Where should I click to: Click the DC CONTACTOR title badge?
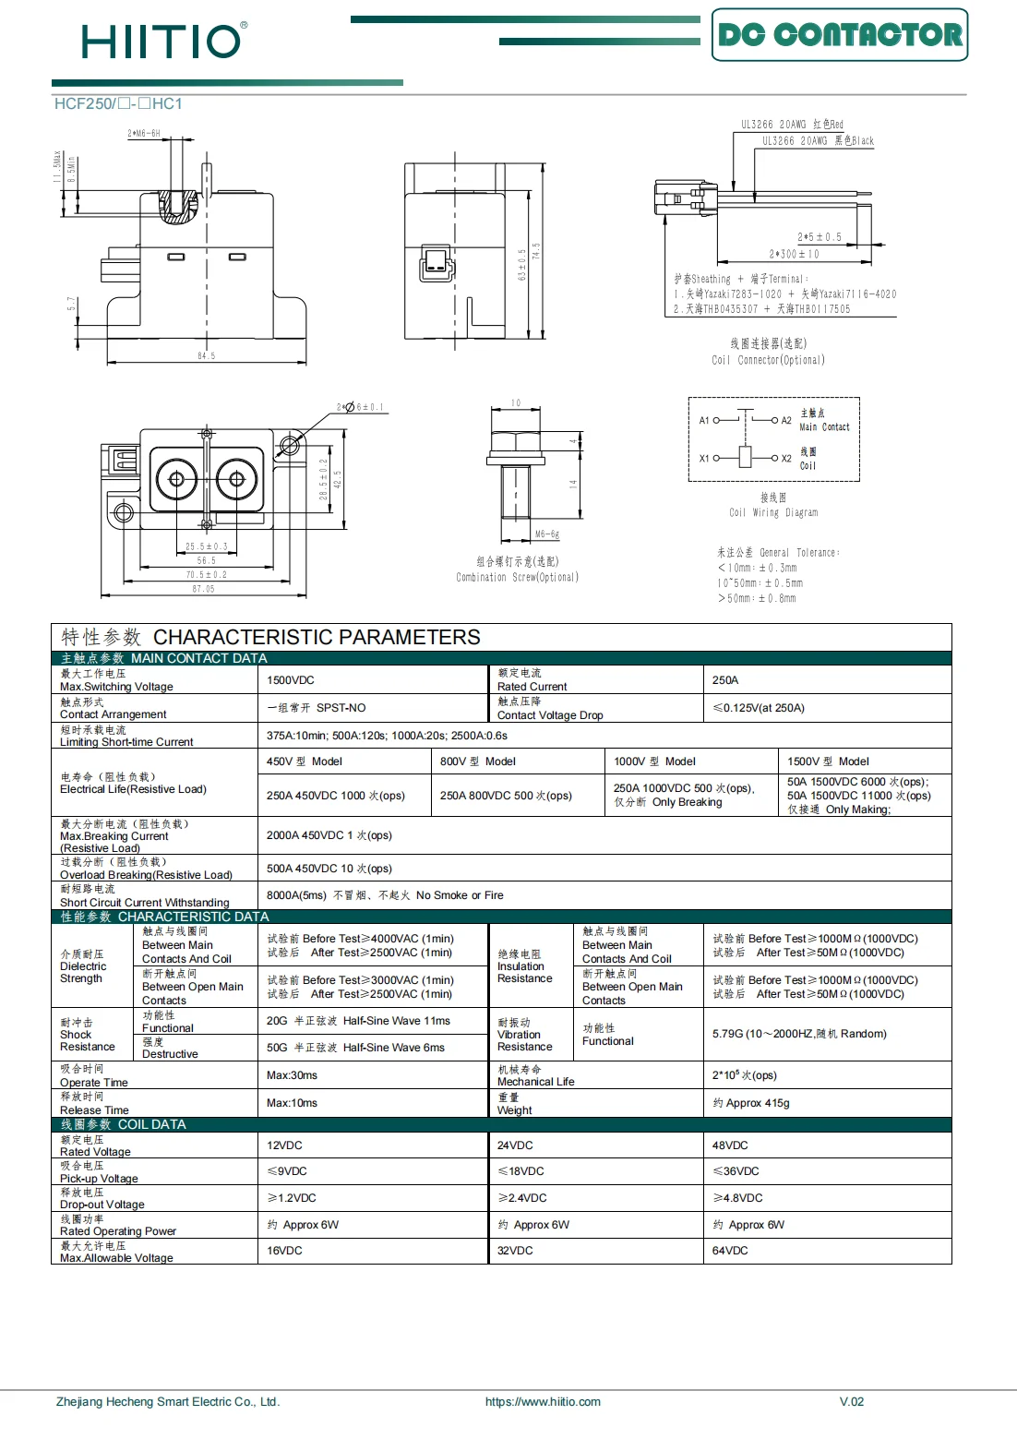pyautogui.click(x=839, y=35)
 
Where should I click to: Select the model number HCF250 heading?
pyautogui.click(x=118, y=104)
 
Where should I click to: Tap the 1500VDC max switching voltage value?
pyautogui.click(x=291, y=680)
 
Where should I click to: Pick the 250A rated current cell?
pyautogui.click(x=725, y=680)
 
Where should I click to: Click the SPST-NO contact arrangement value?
pyautogui.click(x=317, y=708)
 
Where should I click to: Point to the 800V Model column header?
pyautogui.click(x=478, y=761)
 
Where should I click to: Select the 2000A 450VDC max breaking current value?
pyautogui.click(x=329, y=835)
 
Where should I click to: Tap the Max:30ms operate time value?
pyautogui.click(x=292, y=1075)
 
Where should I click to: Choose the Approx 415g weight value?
pyautogui.click(x=751, y=1103)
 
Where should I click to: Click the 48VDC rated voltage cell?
pyautogui.click(x=730, y=1145)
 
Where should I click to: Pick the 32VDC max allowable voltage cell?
pyautogui.click(x=515, y=1251)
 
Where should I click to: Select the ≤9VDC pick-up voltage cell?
pyautogui.click(x=287, y=1171)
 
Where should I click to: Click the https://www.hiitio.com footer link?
pyautogui.click(x=543, y=1401)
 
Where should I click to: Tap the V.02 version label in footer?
pyautogui.click(x=851, y=1401)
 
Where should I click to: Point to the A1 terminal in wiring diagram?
pyautogui.click(x=704, y=421)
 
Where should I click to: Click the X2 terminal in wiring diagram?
pyautogui.click(x=786, y=459)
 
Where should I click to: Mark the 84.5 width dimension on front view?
pyautogui.click(x=206, y=355)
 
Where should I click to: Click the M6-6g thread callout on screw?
pyautogui.click(x=547, y=534)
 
